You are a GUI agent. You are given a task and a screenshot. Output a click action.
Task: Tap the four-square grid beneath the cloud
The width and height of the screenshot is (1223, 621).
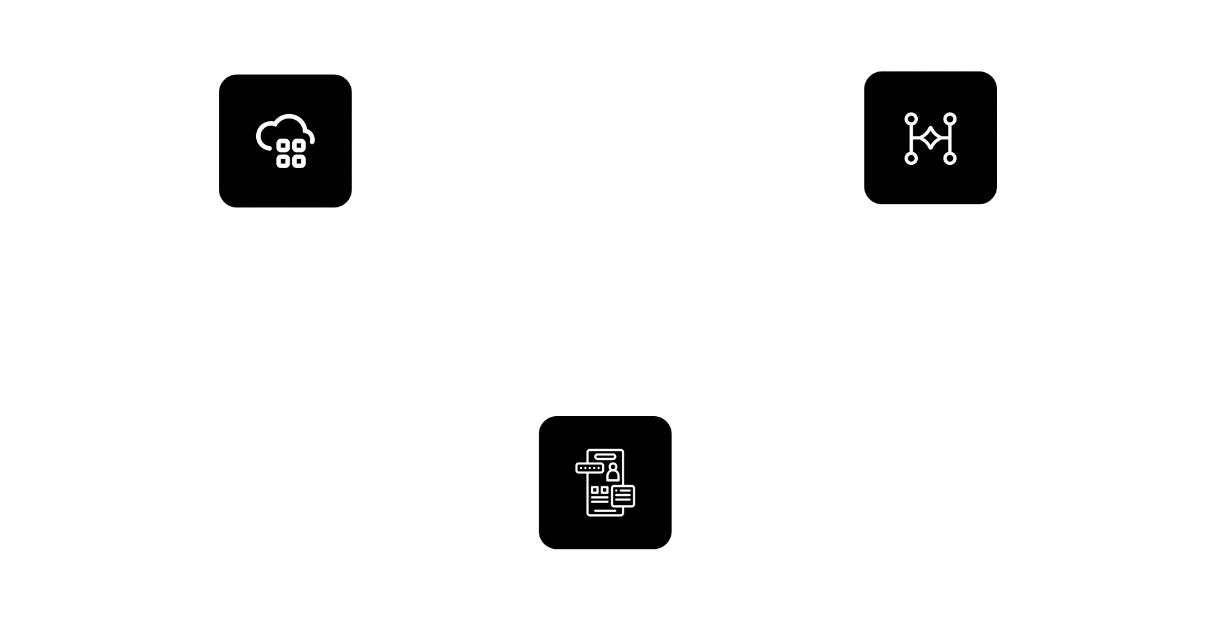click(x=291, y=153)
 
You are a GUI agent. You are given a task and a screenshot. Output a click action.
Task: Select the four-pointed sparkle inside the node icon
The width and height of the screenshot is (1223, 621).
click(x=930, y=138)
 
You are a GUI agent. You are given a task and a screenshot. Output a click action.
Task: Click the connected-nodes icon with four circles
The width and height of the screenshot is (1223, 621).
click(x=931, y=138)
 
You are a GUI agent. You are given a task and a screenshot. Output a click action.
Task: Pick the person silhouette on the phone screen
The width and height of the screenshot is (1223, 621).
click(x=612, y=472)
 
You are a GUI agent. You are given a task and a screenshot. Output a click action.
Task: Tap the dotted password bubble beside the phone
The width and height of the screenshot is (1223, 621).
click(x=589, y=468)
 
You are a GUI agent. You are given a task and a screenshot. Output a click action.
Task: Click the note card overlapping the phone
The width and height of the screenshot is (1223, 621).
click(x=622, y=495)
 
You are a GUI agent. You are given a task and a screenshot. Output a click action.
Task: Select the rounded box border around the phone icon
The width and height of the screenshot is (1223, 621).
click(x=537, y=483)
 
